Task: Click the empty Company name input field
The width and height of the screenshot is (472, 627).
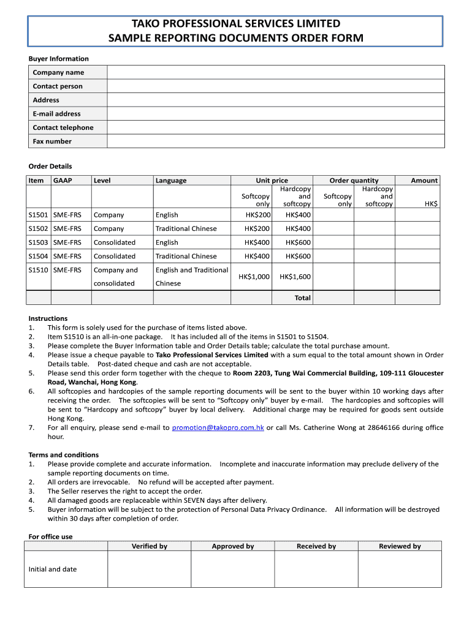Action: (x=275, y=72)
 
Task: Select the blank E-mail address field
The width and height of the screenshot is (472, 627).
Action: (x=275, y=114)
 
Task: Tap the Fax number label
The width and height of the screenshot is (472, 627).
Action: (x=52, y=141)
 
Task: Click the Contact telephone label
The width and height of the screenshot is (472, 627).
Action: (x=63, y=127)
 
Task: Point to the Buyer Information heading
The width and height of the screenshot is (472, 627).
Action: (x=59, y=59)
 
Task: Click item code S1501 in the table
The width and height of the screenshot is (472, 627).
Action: (x=38, y=215)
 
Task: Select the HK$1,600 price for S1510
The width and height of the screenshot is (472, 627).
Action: (x=295, y=277)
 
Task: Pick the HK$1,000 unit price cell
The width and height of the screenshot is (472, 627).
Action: (x=254, y=277)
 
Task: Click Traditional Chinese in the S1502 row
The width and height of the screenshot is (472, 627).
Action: (x=186, y=228)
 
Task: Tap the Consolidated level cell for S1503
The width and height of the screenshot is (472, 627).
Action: (x=115, y=242)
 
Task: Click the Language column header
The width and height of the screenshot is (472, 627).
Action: (x=171, y=181)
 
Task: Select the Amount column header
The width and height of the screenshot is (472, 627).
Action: (x=424, y=181)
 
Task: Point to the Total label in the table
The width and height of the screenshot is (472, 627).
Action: (x=303, y=298)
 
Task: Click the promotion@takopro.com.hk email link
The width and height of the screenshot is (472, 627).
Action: (x=218, y=428)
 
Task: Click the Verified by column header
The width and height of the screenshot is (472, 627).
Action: (x=150, y=546)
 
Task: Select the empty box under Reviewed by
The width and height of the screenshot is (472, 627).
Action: (x=400, y=569)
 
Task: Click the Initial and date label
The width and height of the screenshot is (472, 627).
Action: (x=53, y=569)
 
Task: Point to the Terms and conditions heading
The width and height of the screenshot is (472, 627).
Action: (x=64, y=455)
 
